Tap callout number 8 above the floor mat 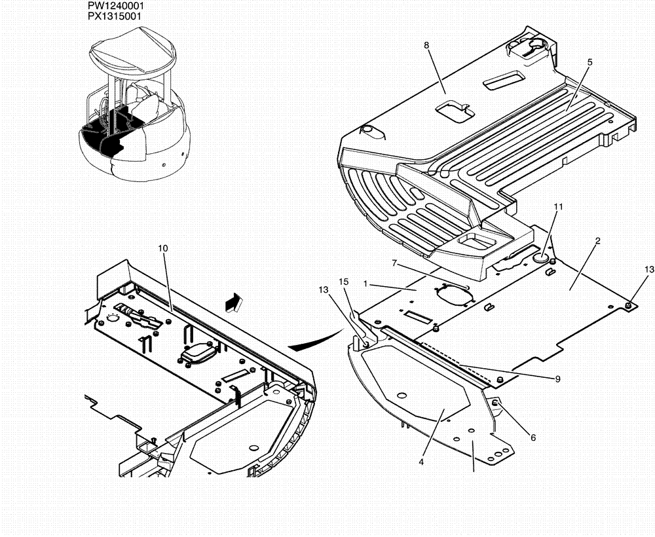pos(426,45)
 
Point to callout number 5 pos(589,62)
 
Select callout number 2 pos(597,241)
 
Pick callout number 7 pos(395,263)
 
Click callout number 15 pos(343,282)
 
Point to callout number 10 pos(163,248)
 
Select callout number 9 pos(557,379)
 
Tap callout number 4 pos(422,461)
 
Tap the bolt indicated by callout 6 pos(496,401)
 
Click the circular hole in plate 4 pos(401,395)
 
